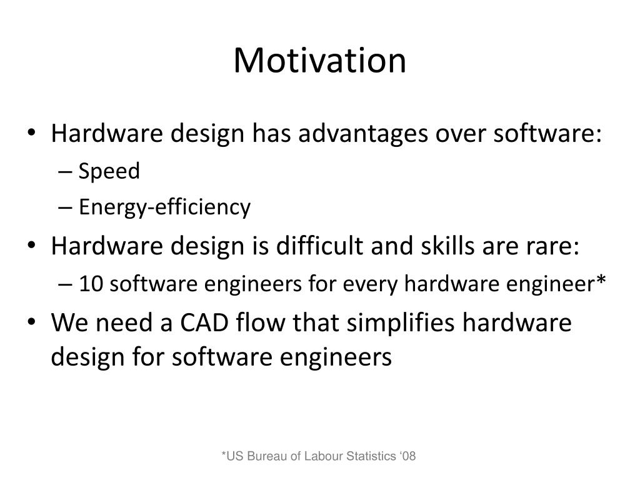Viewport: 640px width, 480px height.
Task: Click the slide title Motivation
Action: (319, 61)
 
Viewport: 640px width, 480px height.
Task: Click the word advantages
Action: (363, 134)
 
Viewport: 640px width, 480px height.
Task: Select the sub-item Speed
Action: (109, 171)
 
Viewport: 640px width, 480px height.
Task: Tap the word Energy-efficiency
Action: (164, 207)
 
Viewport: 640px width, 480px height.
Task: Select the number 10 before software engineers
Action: (91, 284)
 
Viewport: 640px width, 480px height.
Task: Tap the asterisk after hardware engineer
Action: (601, 279)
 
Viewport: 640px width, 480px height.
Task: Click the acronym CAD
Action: (204, 322)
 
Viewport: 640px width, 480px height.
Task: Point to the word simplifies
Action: (401, 323)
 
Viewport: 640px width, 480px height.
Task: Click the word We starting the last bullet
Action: (69, 322)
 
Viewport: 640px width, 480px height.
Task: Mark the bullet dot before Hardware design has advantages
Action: (32, 132)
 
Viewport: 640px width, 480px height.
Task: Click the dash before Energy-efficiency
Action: (65, 207)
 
